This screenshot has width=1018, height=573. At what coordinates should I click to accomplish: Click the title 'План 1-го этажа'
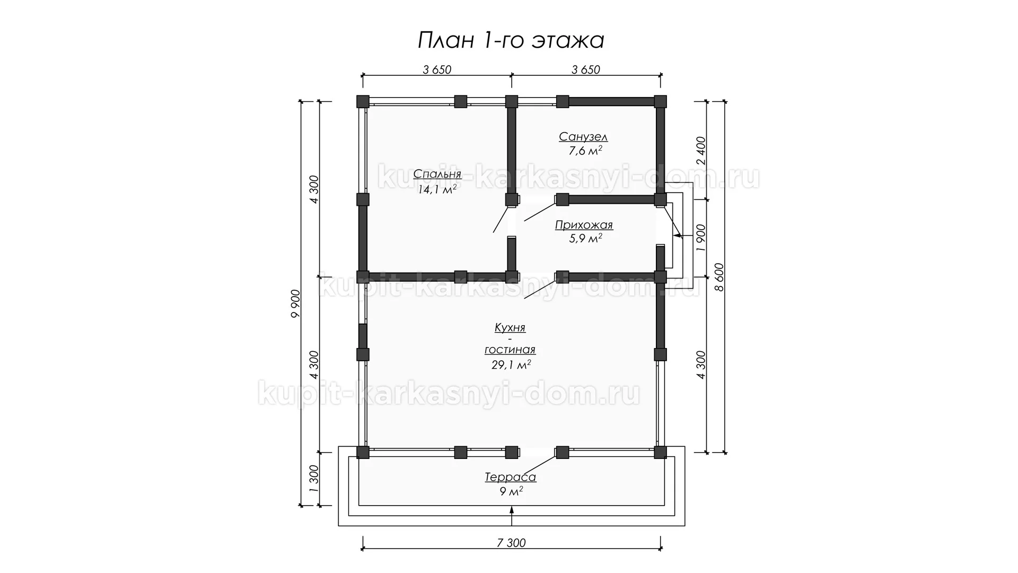coord(511,40)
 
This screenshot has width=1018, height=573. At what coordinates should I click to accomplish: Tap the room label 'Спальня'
coord(437,174)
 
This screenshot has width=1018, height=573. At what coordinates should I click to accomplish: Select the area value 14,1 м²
coord(437,189)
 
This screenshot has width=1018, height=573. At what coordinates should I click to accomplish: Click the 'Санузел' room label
coord(583,137)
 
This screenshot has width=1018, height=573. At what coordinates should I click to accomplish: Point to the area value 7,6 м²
coord(585,151)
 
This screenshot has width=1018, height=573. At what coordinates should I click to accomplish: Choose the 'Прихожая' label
coord(584,225)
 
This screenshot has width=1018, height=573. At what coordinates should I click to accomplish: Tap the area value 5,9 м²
coord(585,239)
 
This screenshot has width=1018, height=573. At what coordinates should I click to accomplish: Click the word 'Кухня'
coord(510,328)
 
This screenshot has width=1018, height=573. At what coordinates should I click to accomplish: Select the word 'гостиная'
coord(510,350)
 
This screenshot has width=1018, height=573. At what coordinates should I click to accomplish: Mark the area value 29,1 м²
coord(511,364)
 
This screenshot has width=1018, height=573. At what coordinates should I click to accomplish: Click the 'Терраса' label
coord(511,477)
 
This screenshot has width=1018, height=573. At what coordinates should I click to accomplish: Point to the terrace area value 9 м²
coord(512,492)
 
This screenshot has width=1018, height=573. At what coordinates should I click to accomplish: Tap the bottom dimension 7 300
coord(511,543)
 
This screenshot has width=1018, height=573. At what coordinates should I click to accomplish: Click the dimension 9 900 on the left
coord(296,303)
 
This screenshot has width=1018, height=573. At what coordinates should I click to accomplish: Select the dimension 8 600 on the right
coord(719,277)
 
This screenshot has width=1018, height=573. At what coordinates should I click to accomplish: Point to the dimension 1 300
coord(313,479)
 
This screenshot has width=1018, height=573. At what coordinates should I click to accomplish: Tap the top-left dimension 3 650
coord(437,70)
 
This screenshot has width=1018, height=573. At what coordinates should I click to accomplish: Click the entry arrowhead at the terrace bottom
coord(512,510)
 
